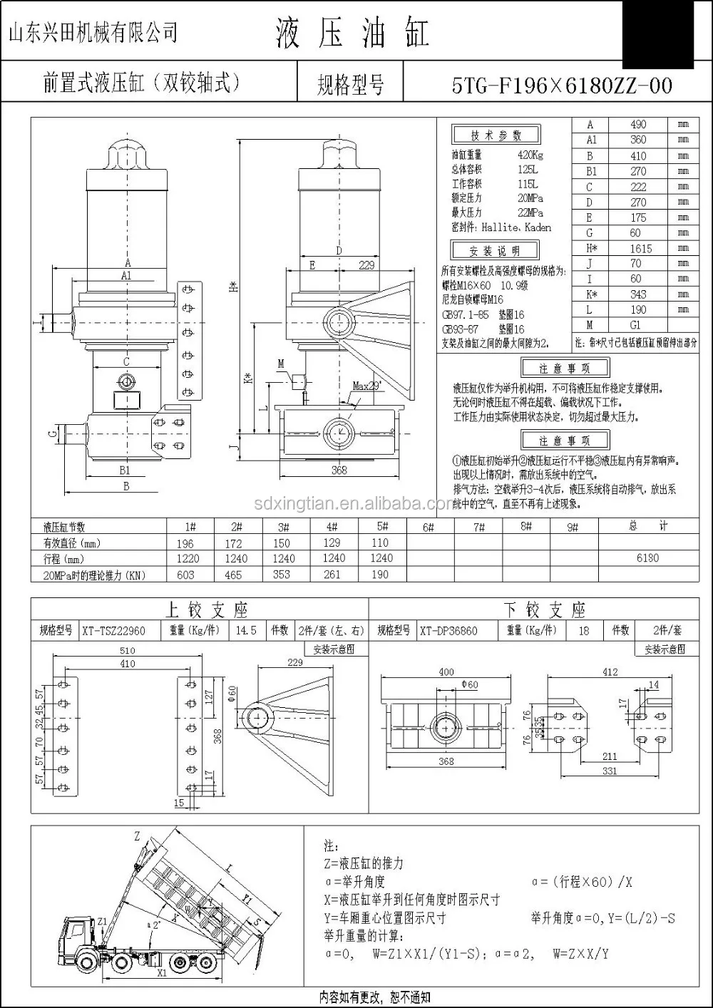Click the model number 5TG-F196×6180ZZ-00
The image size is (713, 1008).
click(562, 86)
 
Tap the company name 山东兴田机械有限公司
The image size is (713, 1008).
click(93, 32)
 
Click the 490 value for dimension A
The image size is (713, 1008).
click(638, 125)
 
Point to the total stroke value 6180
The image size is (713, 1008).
click(647, 558)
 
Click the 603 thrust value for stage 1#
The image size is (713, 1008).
click(185, 575)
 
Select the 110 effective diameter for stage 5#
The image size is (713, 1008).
click(380, 542)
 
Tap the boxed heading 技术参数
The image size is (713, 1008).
click(496, 135)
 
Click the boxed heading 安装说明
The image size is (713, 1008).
click(495, 251)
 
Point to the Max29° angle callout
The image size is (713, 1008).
click(366, 386)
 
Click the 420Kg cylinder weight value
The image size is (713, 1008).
click(530, 155)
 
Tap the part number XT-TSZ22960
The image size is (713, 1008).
click(113, 631)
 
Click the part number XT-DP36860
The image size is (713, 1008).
click(448, 631)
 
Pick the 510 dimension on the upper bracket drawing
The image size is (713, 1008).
click(127, 650)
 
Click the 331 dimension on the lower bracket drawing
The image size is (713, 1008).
click(609, 771)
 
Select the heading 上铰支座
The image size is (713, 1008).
click(206, 610)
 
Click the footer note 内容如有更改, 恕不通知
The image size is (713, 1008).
click(374, 997)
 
